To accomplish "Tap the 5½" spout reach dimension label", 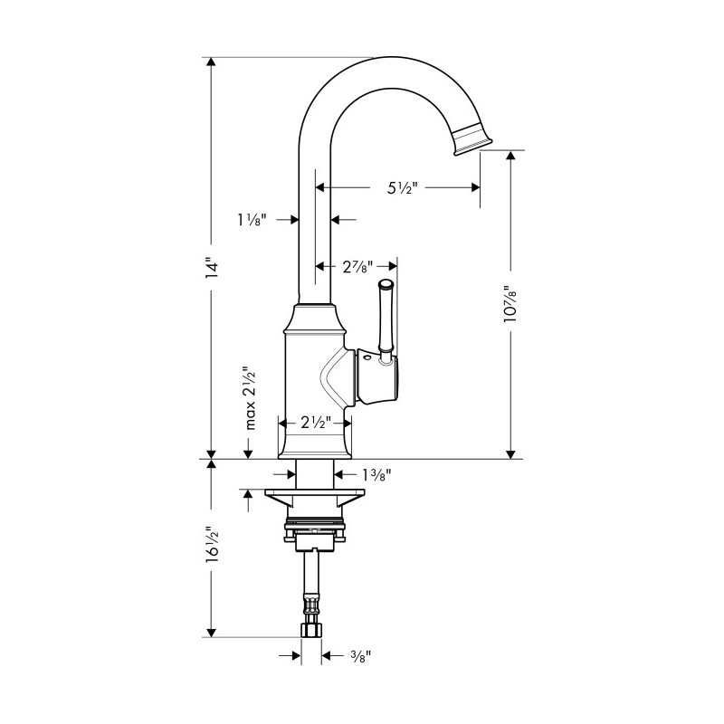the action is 402,187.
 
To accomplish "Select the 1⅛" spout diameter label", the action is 252,220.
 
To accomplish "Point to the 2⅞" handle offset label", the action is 357,266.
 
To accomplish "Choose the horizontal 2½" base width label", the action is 316,422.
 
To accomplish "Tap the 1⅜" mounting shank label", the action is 376,474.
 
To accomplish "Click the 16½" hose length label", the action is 212,545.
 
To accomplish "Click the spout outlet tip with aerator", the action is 472,139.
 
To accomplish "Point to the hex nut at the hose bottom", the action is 311,630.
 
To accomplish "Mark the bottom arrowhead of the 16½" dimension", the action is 212,632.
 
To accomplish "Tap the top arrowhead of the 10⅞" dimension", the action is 510,155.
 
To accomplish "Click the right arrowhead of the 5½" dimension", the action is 475,187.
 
